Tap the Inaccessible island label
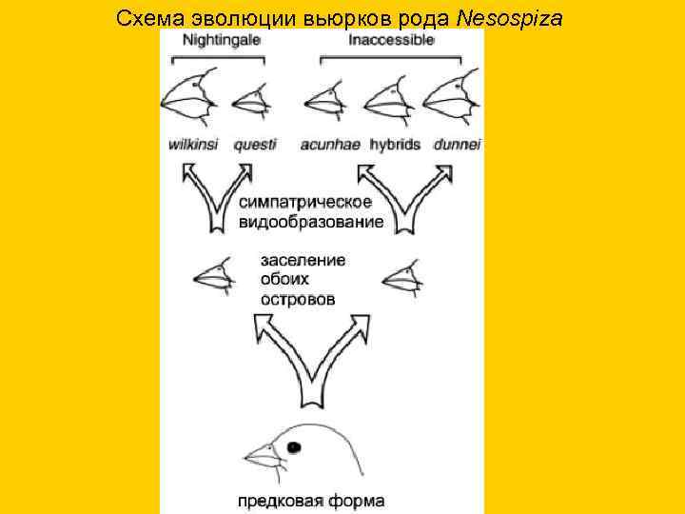pyautogui.click(x=391, y=41)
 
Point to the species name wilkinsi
pyautogui.click(x=194, y=145)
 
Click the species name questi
pyautogui.click(x=254, y=145)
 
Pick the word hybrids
pyautogui.click(x=394, y=145)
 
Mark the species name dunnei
pyautogui.click(x=457, y=145)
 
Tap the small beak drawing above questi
pyautogui.click(x=249, y=98)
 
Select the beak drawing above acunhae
pyautogui.click(x=323, y=98)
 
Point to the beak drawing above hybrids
pyautogui.click(x=384, y=96)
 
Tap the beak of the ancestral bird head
pyautogui.click(x=261, y=458)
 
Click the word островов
pyautogui.click(x=297, y=299)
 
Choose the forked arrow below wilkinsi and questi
pyautogui.click(x=216, y=195)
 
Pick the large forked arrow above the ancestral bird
pyautogui.click(x=311, y=357)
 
